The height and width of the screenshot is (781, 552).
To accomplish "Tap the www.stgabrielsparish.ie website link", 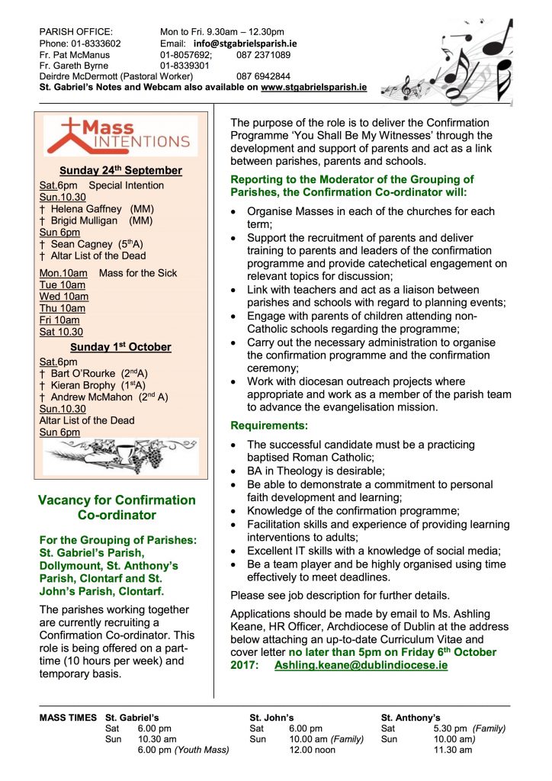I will pos(313,88).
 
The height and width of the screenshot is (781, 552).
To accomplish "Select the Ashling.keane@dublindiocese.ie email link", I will pos(361,665).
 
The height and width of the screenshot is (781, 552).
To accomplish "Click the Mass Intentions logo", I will pos(116,135).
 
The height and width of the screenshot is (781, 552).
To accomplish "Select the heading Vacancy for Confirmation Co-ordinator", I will pos(117,508).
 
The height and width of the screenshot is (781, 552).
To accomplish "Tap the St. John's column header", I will pos(273,718).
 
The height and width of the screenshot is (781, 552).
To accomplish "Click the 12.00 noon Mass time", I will pos(313,750).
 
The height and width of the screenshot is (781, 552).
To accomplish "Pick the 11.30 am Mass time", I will pos(453,750).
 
